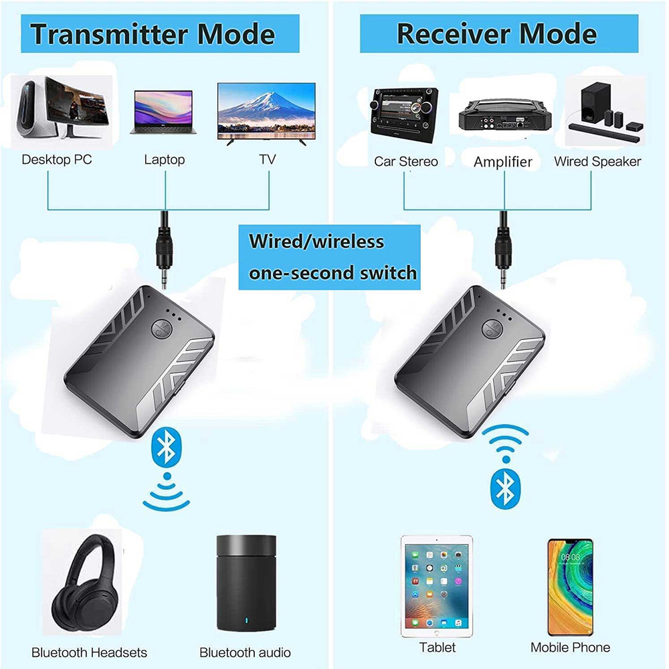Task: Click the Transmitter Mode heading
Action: tap(153, 33)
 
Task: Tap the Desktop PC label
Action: tap(57, 160)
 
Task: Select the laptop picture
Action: tap(164, 112)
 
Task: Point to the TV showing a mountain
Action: tap(266, 111)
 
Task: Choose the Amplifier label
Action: tap(503, 162)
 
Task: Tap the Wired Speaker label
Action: tap(597, 161)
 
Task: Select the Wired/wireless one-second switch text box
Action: tap(330, 257)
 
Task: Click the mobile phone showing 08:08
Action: tap(570, 587)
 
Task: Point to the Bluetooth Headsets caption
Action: tap(89, 652)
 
